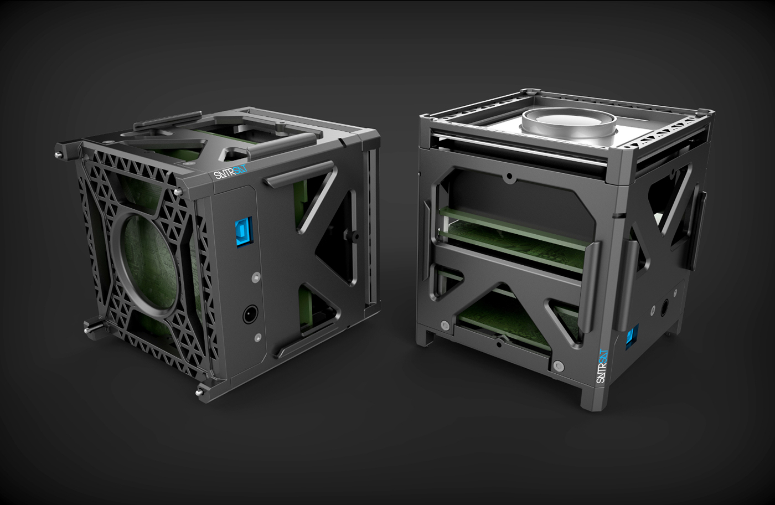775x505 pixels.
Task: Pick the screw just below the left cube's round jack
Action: click(x=257, y=337)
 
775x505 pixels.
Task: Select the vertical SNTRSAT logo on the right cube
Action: click(x=602, y=366)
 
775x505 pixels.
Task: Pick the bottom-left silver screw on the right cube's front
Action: click(x=444, y=325)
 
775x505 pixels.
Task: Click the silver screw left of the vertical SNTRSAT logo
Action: click(x=559, y=365)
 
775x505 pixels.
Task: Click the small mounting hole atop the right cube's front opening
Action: click(x=508, y=178)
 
